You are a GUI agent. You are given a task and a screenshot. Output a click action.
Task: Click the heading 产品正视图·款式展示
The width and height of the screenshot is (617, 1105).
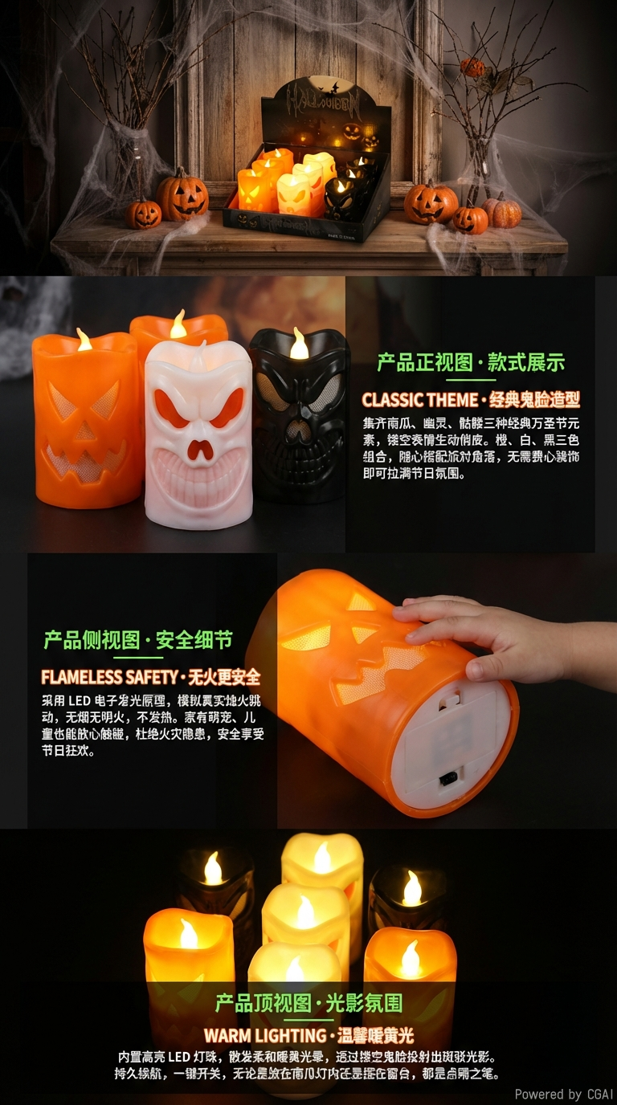click(471, 362)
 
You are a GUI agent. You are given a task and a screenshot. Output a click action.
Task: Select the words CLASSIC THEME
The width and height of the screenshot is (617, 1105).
click(419, 400)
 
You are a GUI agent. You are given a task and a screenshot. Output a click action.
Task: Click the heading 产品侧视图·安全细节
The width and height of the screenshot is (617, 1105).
click(138, 640)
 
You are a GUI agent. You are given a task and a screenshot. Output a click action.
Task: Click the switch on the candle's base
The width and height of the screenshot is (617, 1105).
click(446, 778)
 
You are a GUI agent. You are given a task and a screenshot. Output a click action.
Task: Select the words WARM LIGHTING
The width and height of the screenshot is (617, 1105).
click(265, 1035)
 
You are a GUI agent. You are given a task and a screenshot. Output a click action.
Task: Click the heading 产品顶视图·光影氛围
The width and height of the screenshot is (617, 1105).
click(308, 1003)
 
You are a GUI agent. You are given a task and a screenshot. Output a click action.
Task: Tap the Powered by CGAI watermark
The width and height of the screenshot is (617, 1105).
click(564, 1094)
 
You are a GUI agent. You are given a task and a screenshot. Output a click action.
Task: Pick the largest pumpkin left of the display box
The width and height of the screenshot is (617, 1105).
click(182, 195)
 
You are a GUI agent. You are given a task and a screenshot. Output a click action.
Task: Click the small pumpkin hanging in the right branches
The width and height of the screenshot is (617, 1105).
click(473, 67)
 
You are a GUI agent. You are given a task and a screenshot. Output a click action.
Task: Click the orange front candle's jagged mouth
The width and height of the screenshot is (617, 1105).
click(84, 459)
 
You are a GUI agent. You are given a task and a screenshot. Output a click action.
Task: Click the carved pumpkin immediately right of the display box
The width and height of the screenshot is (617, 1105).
click(431, 203)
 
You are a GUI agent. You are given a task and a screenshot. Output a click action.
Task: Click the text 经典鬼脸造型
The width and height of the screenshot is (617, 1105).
click(534, 400)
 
